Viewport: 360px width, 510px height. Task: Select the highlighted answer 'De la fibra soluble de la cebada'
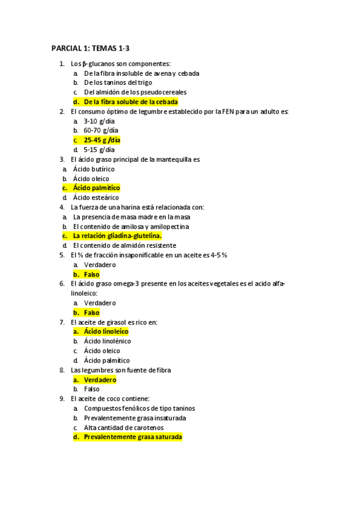pyautogui.click(x=130, y=102)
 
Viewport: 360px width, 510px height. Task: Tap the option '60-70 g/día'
pyautogui.click(x=101, y=130)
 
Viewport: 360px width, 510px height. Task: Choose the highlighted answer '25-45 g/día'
pyautogui.click(x=102, y=140)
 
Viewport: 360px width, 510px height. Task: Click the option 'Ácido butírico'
pyautogui.click(x=94, y=169)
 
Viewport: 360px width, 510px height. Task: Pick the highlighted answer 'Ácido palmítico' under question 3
pyautogui.click(x=96, y=188)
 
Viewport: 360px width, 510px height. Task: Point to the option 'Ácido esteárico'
pyautogui.click(x=96, y=197)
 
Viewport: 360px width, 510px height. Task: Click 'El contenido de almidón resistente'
pyautogui.click(x=124, y=245)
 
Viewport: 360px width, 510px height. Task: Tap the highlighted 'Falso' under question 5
pyautogui.click(x=91, y=274)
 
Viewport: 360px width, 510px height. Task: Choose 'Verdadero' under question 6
pyautogui.click(x=100, y=303)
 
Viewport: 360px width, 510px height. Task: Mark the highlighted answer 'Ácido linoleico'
pyautogui.click(x=106, y=331)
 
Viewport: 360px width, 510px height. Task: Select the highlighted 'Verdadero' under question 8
pyautogui.click(x=100, y=379)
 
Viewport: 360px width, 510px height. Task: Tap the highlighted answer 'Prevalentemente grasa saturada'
pyautogui.click(x=132, y=437)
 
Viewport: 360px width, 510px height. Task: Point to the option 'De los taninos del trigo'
pyautogui.click(x=118, y=82)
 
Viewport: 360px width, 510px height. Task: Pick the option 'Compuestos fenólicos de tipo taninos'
pyautogui.click(x=139, y=408)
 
